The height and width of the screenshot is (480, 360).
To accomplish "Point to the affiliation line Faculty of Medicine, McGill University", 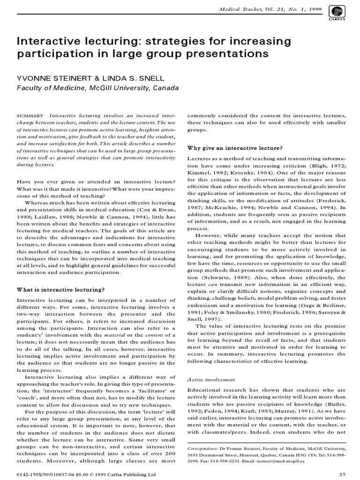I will tap(91, 88).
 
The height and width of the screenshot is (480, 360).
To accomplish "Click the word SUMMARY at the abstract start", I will tap(30, 116).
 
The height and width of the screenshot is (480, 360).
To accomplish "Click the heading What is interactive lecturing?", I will tap(60, 289).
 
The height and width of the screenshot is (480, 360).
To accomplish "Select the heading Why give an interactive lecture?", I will tap(234, 148).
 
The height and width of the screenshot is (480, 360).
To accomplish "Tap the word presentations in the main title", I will tap(225, 53).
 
